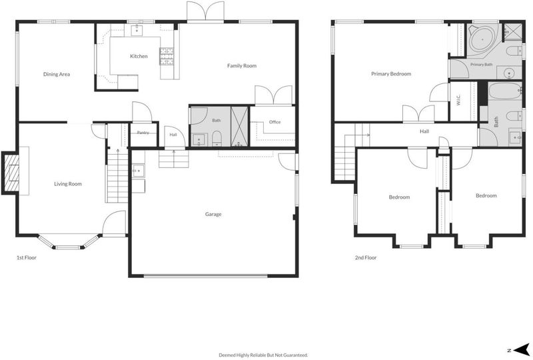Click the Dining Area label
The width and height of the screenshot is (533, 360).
(57, 74)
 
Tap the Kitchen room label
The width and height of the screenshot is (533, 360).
(139, 56)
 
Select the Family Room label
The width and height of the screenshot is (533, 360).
(242, 66)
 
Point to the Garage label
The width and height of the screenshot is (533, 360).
(213, 214)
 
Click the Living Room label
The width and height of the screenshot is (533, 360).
(68, 184)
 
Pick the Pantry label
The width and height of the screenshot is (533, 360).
(143, 133)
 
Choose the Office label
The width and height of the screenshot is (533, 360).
(274, 122)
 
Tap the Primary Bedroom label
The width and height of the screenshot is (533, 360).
(391, 73)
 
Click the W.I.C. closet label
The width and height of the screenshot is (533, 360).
(458, 100)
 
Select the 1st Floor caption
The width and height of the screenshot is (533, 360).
(27, 257)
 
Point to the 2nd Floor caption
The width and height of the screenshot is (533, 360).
(366, 257)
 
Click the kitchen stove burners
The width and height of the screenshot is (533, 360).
(167, 56)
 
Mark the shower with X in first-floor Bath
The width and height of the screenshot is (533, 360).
(239, 126)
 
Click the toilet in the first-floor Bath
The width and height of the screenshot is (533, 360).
(217, 139)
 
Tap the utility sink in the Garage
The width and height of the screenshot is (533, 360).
(138, 171)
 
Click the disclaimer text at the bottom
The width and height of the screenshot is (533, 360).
(263, 355)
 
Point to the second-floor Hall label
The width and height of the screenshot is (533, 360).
(424, 131)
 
